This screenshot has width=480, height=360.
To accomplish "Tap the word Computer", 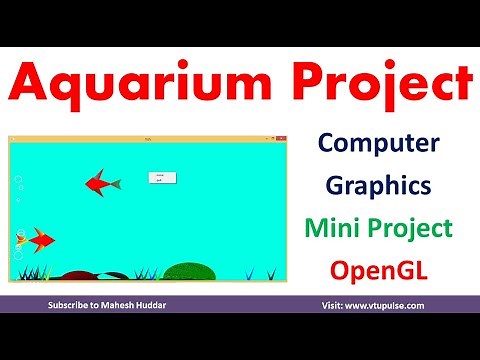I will click(379, 146).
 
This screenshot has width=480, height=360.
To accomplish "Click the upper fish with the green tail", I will click(101, 182).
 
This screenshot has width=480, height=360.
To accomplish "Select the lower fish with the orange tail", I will click(38, 239).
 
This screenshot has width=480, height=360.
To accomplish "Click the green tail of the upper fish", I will click(115, 183).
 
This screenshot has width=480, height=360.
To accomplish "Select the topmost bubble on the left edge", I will click(17, 180).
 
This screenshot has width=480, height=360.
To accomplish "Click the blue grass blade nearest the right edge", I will click(271, 273).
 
